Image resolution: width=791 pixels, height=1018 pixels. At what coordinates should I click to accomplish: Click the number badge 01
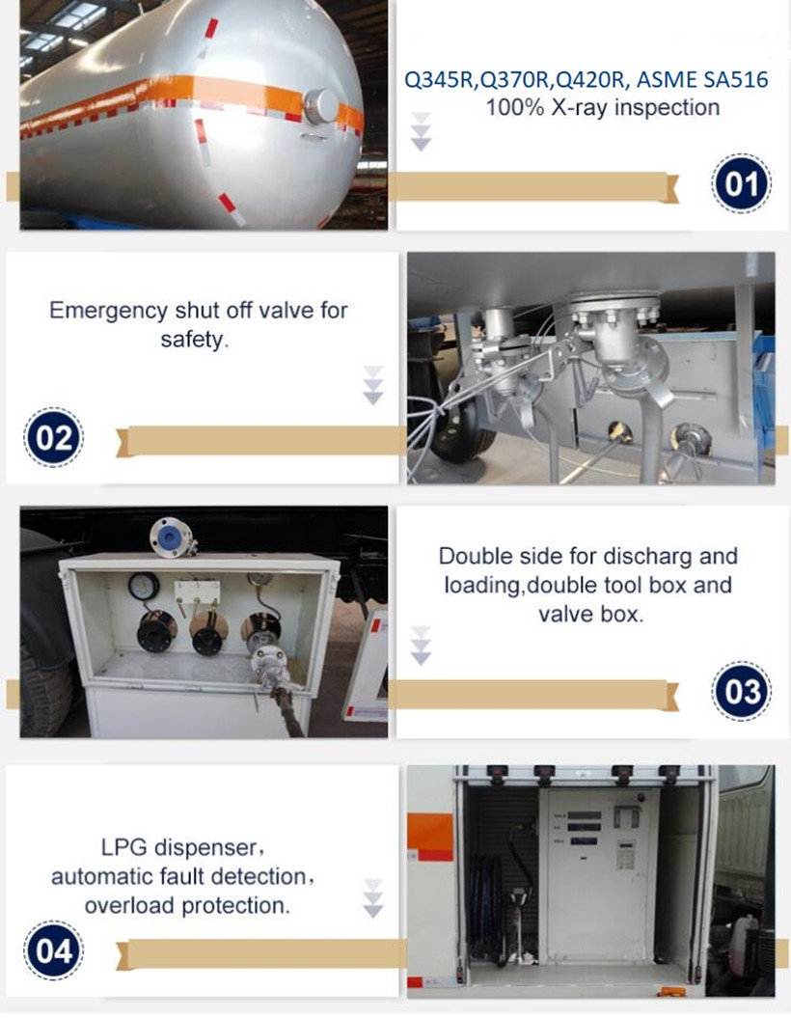(x=742, y=183)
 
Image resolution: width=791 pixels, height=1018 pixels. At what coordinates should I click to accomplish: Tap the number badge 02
(x=53, y=438)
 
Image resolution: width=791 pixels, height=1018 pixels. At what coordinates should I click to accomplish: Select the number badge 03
(x=742, y=691)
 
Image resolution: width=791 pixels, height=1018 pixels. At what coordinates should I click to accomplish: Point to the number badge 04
(x=53, y=951)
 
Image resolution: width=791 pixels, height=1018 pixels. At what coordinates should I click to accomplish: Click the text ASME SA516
(x=702, y=80)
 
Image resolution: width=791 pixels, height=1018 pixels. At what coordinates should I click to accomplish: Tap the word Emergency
(x=109, y=312)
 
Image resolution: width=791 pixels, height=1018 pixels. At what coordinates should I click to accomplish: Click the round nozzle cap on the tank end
(x=320, y=106)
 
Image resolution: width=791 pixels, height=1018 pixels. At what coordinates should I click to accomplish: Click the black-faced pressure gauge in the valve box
(x=144, y=586)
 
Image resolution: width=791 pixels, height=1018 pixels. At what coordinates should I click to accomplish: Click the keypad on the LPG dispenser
(x=625, y=855)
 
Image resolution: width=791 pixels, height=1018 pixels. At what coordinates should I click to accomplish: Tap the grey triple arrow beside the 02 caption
(x=372, y=385)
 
